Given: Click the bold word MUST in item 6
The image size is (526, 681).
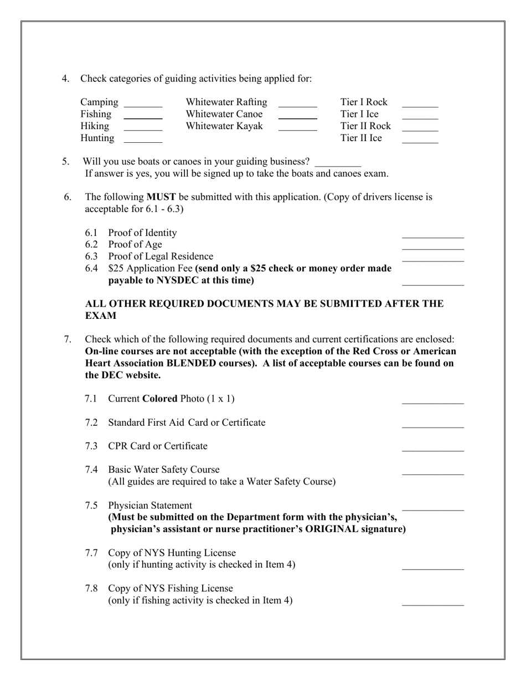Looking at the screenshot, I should click(161, 197).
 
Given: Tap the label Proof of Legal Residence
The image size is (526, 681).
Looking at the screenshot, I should click(161, 256).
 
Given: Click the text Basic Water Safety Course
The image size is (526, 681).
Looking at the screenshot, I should click(164, 470).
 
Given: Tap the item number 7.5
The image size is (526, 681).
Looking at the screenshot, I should click(91, 505).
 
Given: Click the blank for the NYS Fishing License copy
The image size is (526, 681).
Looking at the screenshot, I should click(432, 603).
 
